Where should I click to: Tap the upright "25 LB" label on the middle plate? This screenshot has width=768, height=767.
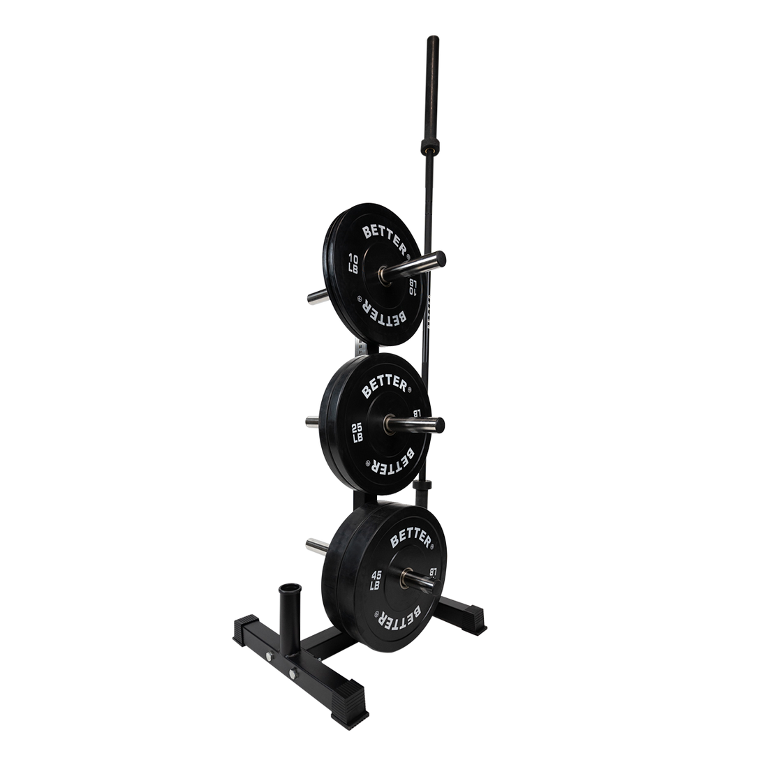click(x=356, y=432)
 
